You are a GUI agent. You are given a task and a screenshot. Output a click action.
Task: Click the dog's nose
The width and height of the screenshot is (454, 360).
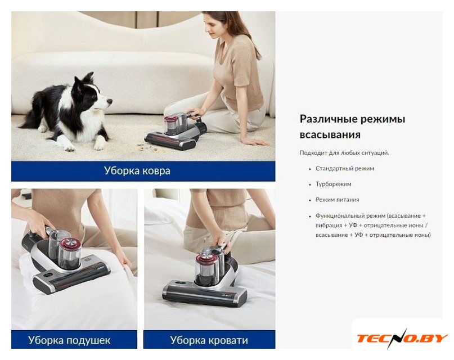coord(110,101)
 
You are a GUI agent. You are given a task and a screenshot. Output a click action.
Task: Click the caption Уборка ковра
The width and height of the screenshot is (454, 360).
coord(137,171)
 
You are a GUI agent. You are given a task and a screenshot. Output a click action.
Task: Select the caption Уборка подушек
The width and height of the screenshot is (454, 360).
coord(69,340)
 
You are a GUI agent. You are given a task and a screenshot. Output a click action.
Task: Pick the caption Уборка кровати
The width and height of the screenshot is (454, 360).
coord(209,340)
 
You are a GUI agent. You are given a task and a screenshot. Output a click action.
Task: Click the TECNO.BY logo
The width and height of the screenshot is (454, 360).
coord(402,338)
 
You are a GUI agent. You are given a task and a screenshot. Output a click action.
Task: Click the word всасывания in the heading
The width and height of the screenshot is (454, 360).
coord(330,135)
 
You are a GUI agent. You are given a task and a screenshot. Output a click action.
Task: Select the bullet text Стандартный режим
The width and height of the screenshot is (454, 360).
coord(345,168)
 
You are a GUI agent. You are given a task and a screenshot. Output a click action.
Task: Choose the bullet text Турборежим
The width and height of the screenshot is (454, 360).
coord(333,184)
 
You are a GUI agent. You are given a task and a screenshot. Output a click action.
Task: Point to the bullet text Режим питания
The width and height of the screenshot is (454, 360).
coord(338,200)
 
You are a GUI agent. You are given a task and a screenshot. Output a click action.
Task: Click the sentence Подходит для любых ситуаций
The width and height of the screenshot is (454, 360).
coord(344,153)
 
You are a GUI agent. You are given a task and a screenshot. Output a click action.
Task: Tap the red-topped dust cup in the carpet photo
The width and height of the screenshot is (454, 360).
coord(171,125)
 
